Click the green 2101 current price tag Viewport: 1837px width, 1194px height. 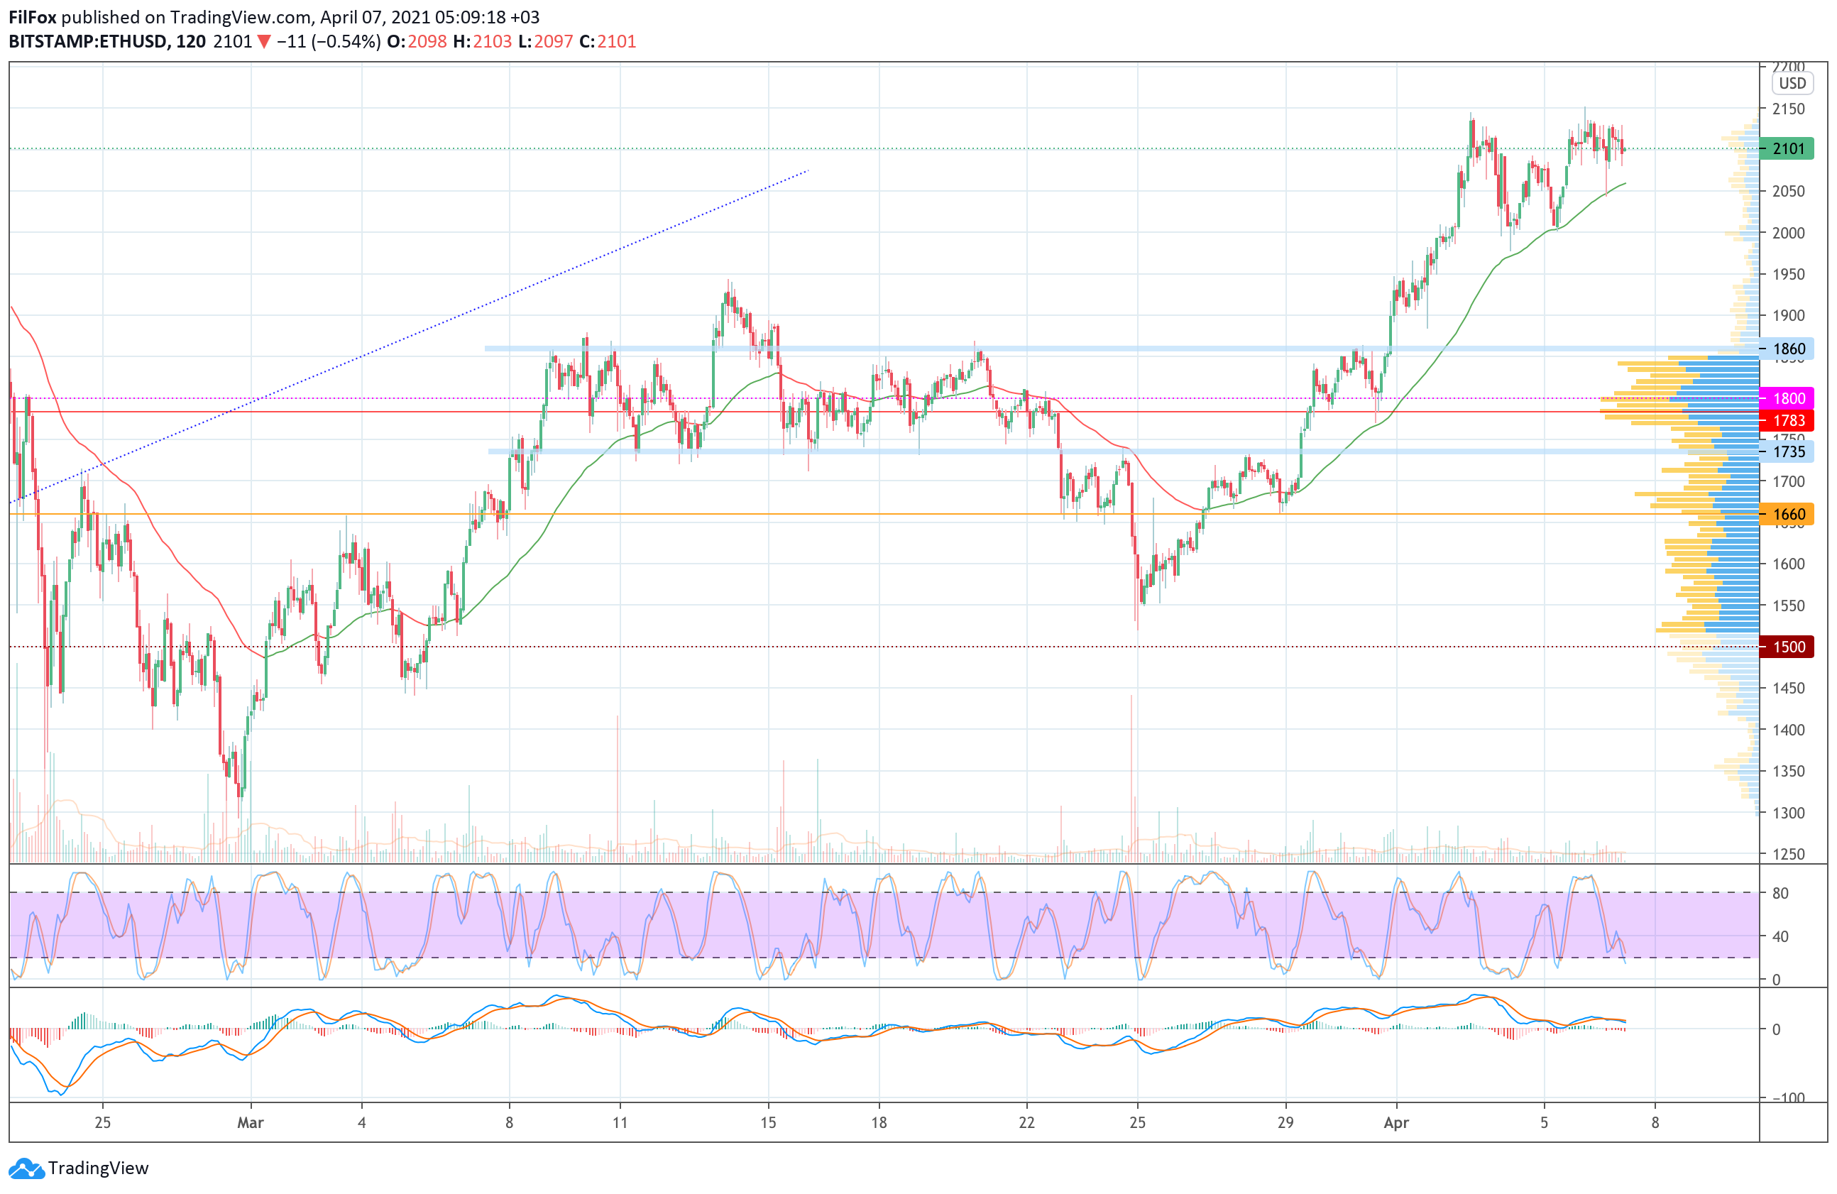[x=1786, y=148]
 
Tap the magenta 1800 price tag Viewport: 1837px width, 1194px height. [x=1786, y=398]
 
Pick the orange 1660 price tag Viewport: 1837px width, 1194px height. [x=1786, y=514]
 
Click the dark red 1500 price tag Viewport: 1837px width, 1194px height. [x=1786, y=647]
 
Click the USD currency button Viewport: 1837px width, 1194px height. [x=1792, y=83]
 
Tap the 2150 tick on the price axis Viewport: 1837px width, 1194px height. [x=1788, y=109]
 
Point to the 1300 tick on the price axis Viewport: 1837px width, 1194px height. [x=1788, y=813]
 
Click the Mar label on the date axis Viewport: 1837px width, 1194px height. [x=250, y=1123]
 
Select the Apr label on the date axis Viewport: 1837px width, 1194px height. [x=1396, y=1123]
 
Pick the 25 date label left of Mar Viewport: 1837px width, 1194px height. [x=103, y=1123]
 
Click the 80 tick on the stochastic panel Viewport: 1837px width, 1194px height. [x=1780, y=893]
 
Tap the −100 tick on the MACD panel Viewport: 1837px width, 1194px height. [x=1786, y=1097]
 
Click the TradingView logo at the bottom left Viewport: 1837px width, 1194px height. [x=79, y=1168]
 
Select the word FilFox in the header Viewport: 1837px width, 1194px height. [x=33, y=17]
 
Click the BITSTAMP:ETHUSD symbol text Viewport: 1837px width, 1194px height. [x=87, y=42]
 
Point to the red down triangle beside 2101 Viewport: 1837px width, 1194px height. [x=264, y=42]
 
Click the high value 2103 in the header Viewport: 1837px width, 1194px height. [x=493, y=42]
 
